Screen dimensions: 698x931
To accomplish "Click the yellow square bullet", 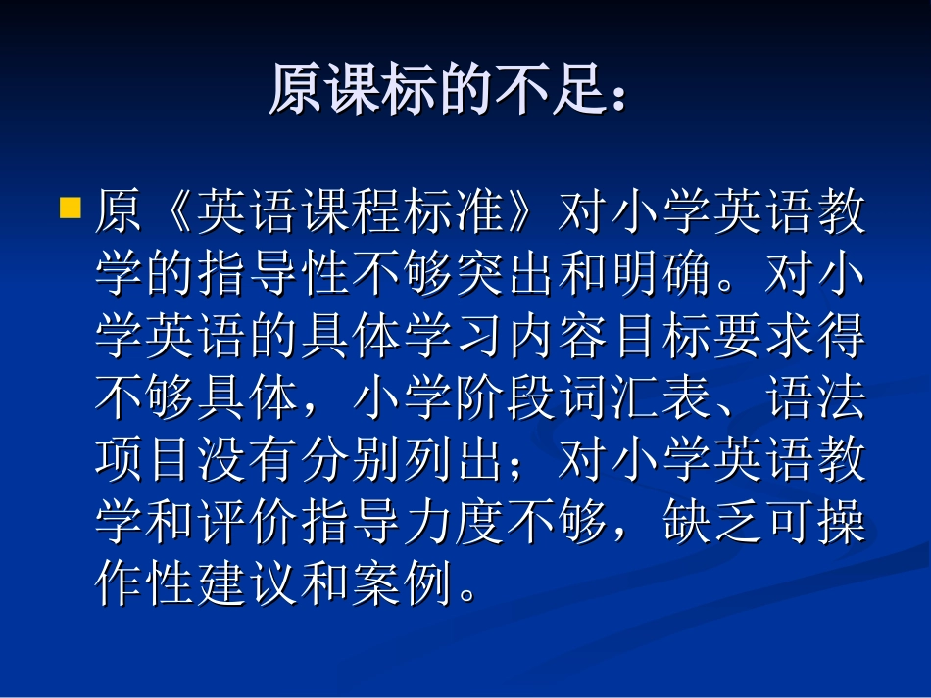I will tap(70, 208).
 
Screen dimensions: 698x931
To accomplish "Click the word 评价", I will tap(248, 522).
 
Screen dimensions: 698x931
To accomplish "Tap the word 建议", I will tap(248, 583).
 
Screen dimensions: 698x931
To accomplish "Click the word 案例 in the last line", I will tap(403, 583).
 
